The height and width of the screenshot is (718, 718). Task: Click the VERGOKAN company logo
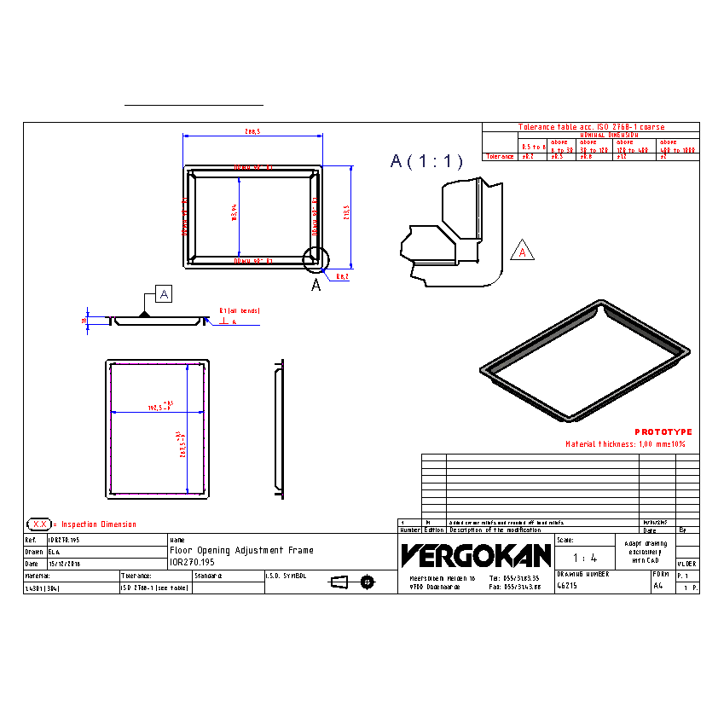(x=476, y=556)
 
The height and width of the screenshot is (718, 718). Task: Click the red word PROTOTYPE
(x=663, y=432)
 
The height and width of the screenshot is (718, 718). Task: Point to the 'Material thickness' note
(x=625, y=444)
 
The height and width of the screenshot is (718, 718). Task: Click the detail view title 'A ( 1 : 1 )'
(x=426, y=161)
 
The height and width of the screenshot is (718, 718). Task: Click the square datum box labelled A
(x=164, y=294)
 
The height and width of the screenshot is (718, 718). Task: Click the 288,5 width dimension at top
(x=252, y=132)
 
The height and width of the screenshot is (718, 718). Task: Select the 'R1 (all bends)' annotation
(x=239, y=311)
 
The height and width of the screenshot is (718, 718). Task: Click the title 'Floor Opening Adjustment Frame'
(x=241, y=551)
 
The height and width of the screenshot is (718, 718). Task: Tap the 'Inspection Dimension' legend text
(x=99, y=524)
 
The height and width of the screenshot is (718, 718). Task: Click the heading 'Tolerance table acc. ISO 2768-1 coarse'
(x=591, y=127)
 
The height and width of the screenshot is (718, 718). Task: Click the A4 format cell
(x=657, y=587)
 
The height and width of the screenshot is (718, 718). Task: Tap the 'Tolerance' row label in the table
(x=500, y=157)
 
